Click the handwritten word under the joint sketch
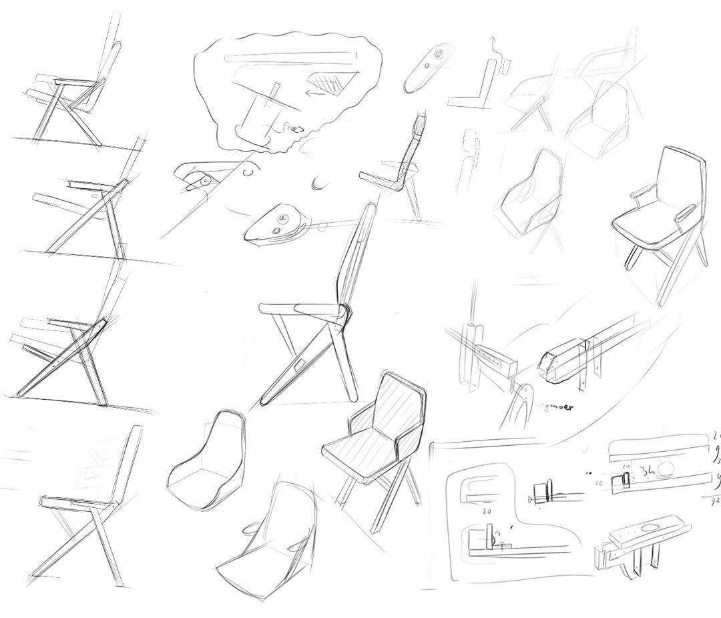coord(555,406)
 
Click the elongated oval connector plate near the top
coord(427,69)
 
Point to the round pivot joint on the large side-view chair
coord(344,312)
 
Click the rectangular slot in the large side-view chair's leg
coord(298,366)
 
